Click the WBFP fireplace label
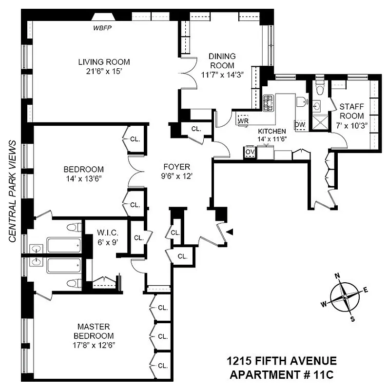point(103,27)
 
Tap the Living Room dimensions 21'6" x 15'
point(104,71)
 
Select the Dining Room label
point(222,61)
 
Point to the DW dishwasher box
point(300,124)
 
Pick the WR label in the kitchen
point(242,120)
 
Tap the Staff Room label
point(351,111)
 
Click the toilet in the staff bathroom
point(320,90)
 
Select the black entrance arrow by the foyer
point(231,232)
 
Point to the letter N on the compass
point(337,275)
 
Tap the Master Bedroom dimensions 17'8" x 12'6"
point(93,345)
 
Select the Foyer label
point(177,167)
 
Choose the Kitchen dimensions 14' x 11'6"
point(271,139)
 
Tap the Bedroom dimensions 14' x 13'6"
point(83,178)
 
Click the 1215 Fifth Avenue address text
point(282,361)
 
